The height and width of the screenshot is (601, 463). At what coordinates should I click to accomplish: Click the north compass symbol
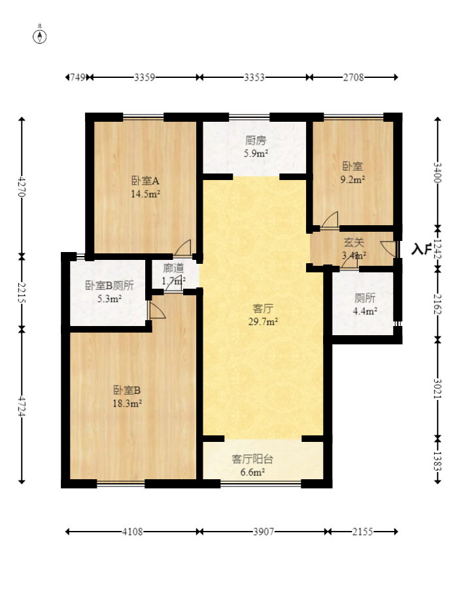[x=40, y=36]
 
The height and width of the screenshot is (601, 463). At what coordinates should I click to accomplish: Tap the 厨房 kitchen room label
[x=255, y=140]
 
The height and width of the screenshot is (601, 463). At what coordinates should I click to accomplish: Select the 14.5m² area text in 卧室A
[x=145, y=194]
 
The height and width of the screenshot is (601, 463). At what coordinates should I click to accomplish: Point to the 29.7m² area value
[x=263, y=321]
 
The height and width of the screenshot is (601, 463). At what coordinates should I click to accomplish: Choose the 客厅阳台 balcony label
[x=252, y=459]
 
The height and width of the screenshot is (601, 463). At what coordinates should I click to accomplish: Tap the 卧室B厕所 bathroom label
[x=109, y=285]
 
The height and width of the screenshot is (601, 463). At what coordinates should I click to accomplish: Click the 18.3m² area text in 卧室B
[x=128, y=404]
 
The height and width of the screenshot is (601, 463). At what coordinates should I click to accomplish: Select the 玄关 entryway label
[x=354, y=243]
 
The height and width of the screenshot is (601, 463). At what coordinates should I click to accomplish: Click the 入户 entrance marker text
[x=422, y=249]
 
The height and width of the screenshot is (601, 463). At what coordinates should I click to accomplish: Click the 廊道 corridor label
[x=173, y=268]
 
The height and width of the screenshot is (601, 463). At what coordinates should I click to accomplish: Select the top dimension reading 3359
[x=144, y=77]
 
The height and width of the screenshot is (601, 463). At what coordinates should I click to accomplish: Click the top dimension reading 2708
[x=354, y=77]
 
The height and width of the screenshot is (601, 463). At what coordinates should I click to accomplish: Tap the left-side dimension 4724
[x=22, y=406]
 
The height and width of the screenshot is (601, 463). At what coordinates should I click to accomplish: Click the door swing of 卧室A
[x=183, y=248]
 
